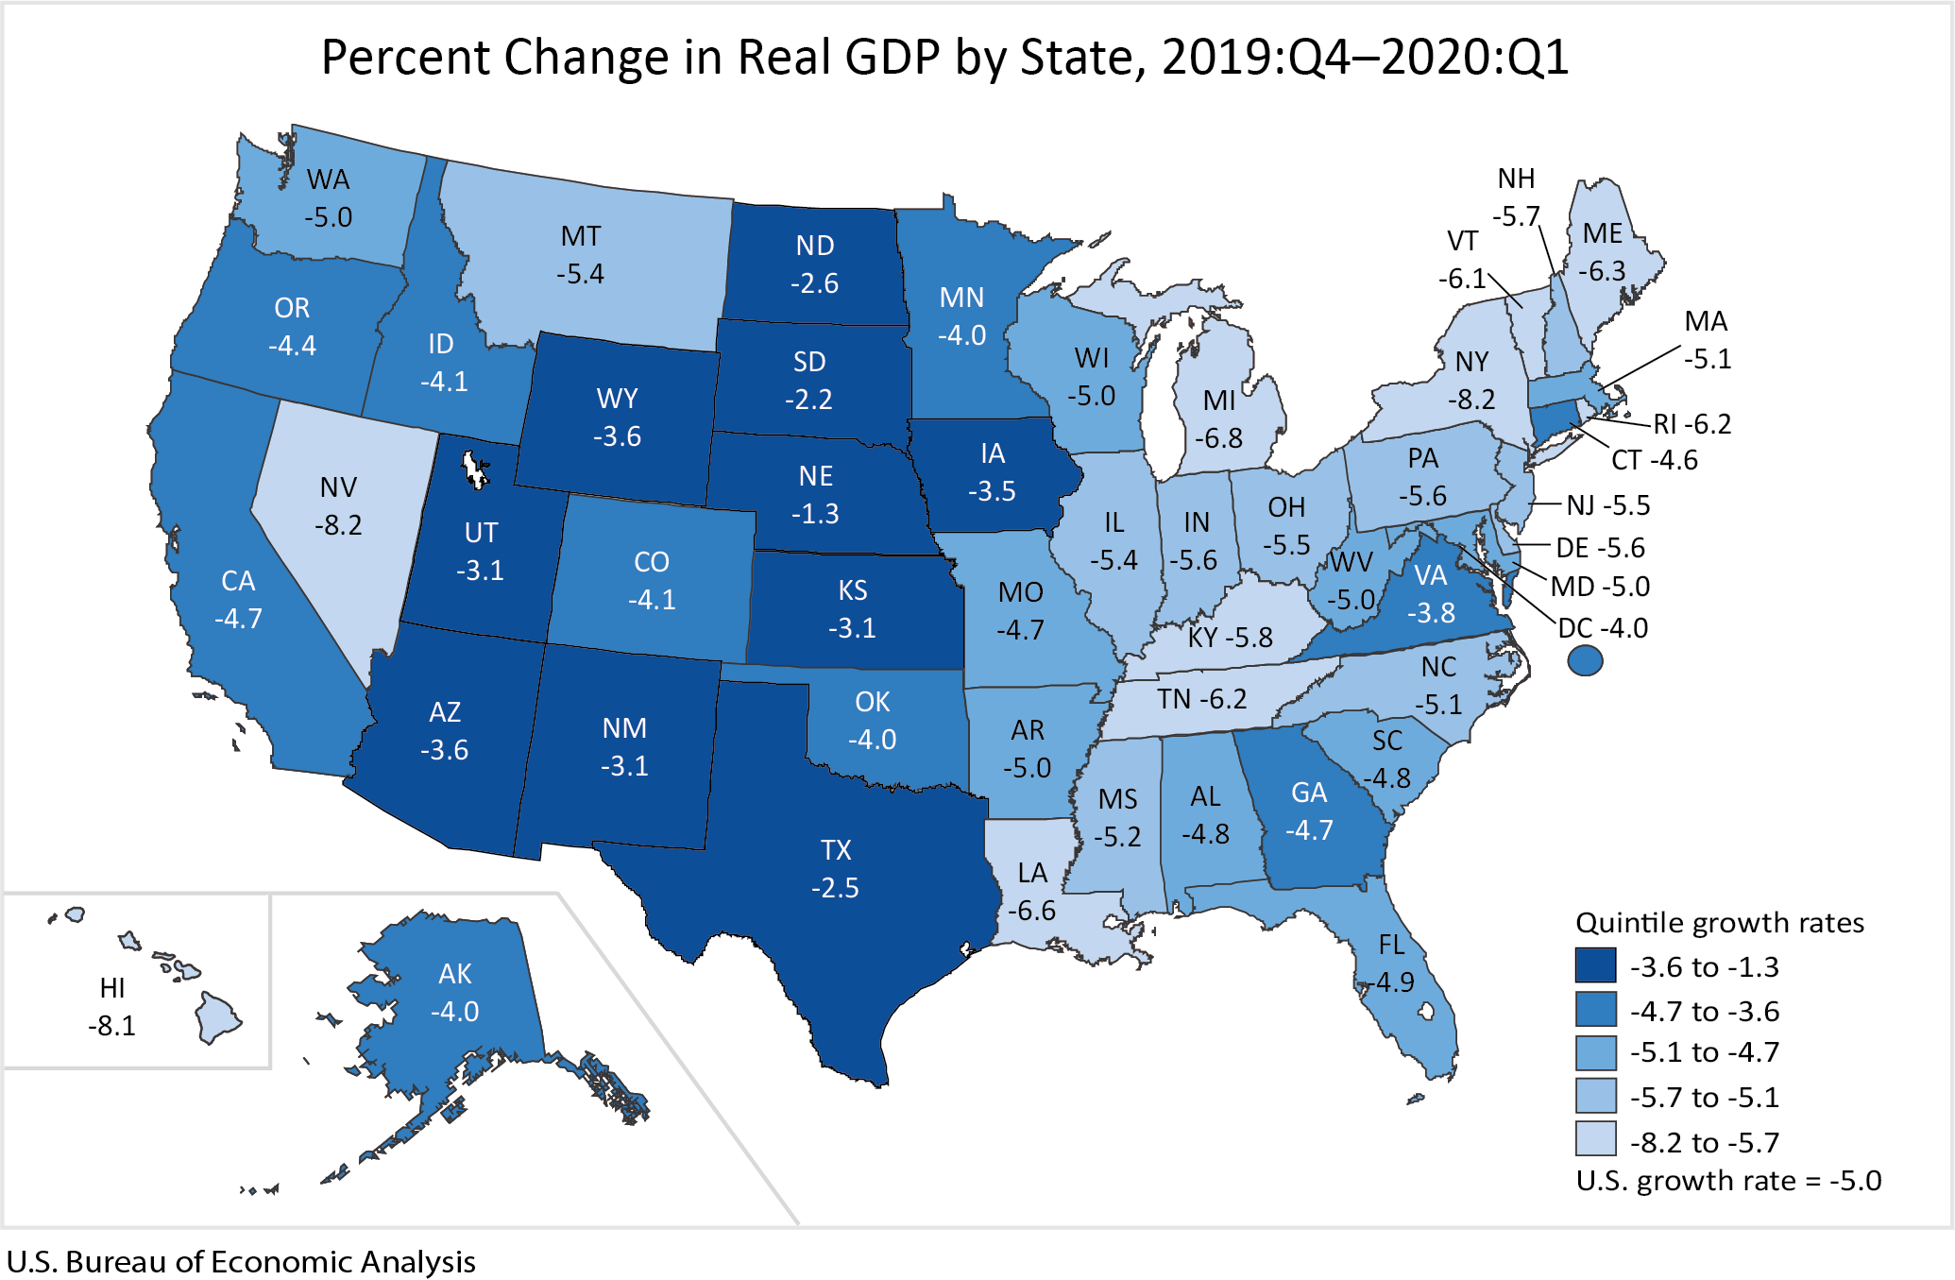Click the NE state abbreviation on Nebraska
(816, 476)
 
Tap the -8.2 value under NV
(338, 525)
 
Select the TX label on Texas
(836, 850)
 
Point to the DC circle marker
(1585, 660)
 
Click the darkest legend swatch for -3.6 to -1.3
(1595, 965)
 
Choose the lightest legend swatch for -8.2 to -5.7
(1595, 1140)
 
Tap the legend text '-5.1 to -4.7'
(1704, 1052)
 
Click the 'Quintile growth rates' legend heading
(1720, 922)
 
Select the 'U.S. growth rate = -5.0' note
(1728, 1181)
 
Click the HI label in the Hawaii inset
(112, 988)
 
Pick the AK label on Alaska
(455, 974)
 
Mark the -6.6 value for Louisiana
(1031, 911)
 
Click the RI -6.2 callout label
(1691, 424)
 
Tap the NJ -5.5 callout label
(1607, 505)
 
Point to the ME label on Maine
(1603, 233)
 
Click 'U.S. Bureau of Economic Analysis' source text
(241, 1262)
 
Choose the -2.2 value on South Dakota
(808, 400)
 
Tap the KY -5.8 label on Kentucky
(1230, 638)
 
